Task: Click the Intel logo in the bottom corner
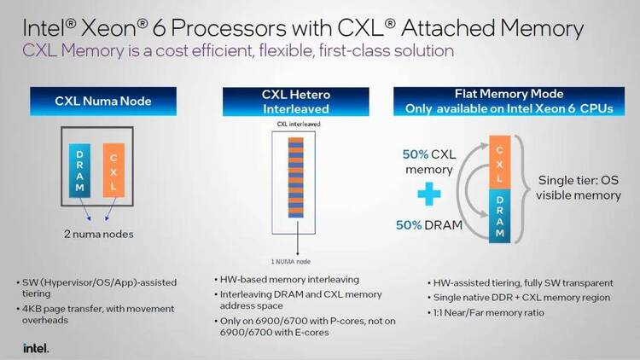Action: point(36,348)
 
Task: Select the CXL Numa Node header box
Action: point(103,102)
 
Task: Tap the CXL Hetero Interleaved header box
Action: point(296,102)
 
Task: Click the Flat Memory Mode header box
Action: point(509,102)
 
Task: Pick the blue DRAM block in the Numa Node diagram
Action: point(79,171)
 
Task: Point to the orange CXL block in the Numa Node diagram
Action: point(113,171)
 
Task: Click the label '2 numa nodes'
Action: point(99,234)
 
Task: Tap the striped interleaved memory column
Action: point(296,177)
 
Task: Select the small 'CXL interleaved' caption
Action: point(299,124)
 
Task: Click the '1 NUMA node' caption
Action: point(291,262)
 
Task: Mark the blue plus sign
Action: point(429,194)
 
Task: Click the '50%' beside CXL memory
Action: point(415,154)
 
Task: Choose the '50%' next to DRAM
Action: point(409,225)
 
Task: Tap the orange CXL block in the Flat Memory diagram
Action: point(499,162)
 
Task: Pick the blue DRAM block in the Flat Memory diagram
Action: point(499,216)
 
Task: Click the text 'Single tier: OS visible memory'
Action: point(579,188)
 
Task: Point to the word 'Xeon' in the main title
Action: point(108,28)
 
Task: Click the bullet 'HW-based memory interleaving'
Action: point(287,280)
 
